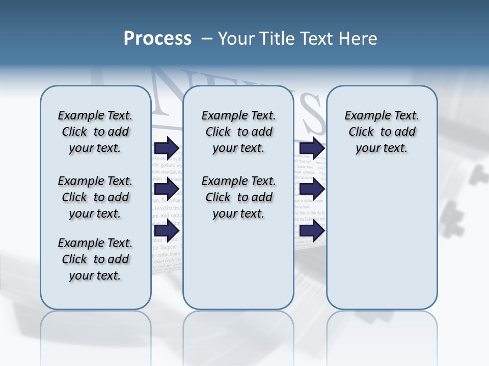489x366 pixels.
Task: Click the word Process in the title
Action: coord(157,38)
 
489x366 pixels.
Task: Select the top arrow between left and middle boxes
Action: coord(167,148)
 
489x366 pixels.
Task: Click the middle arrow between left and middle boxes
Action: coord(167,189)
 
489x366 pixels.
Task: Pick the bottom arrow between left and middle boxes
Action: coord(167,231)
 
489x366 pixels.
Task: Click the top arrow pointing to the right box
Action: coord(312,148)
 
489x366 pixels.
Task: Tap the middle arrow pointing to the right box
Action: coord(312,189)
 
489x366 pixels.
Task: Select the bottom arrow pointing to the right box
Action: coord(312,231)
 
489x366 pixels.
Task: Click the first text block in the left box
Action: coord(95,132)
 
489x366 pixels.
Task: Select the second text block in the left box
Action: coord(95,197)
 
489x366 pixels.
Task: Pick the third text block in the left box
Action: coord(95,259)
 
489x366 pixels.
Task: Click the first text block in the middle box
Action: coord(238,132)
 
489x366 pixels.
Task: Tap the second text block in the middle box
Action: coord(238,197)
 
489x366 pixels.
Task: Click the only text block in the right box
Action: coord(382,132)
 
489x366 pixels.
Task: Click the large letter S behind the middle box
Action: coord(309,114)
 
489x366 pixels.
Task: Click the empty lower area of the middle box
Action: coord(238,264)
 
